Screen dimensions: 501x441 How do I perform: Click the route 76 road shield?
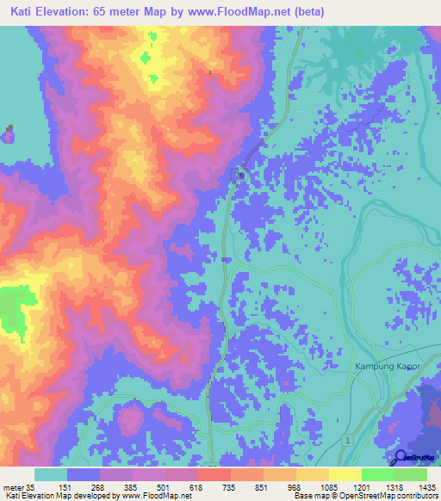click(x=240, y=176)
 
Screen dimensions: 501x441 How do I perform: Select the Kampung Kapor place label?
click(x=387, y=367)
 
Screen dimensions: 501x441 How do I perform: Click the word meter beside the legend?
click(x=13, y=487)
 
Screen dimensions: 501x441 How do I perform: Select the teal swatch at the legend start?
click(x=51, y=474)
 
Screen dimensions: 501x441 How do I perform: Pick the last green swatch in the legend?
click(x=410, y=474)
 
